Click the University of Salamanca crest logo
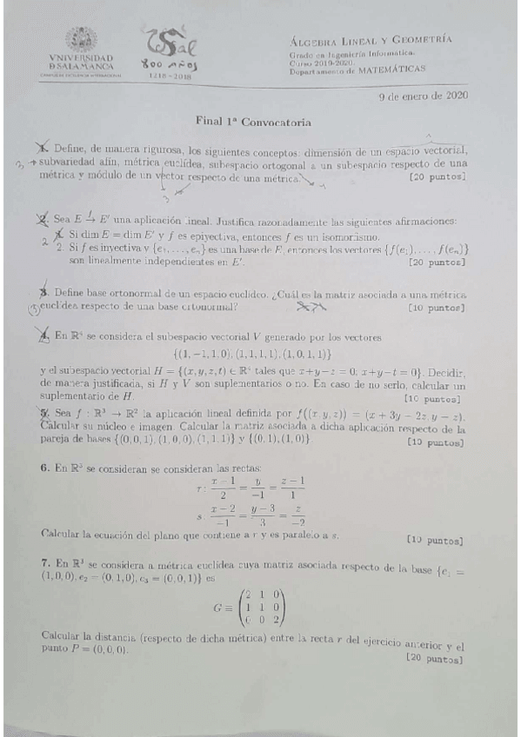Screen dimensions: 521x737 [83, 39]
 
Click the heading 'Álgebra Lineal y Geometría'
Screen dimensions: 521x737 [369, 39]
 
